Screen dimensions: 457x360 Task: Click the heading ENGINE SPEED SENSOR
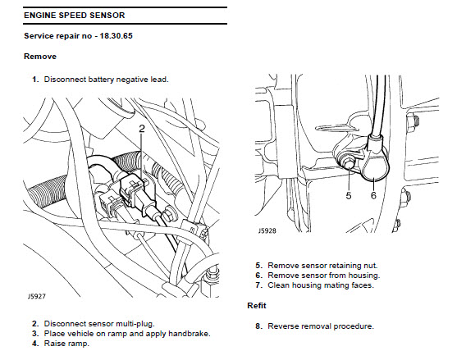click(75, 15)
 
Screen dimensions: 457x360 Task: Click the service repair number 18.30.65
click(116, 36)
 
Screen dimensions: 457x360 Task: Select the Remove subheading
click(40, 57)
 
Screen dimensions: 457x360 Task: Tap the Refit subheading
click(257, 306)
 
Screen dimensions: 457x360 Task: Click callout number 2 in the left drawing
click(142, 129)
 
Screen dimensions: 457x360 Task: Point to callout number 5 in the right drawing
click(349, 195)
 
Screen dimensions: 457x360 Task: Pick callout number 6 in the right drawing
click(373, 195)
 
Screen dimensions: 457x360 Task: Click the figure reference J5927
click(37, 296)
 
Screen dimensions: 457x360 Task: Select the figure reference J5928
click(267, 230)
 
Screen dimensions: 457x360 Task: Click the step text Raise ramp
click(66, 344)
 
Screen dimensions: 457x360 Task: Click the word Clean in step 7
click(276, 285)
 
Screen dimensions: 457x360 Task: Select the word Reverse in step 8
click(281, 326)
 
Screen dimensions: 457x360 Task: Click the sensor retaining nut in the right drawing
click(347, 164)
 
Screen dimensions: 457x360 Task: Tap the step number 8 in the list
click(258, 326)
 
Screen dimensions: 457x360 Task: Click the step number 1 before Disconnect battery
click(35, 80)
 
